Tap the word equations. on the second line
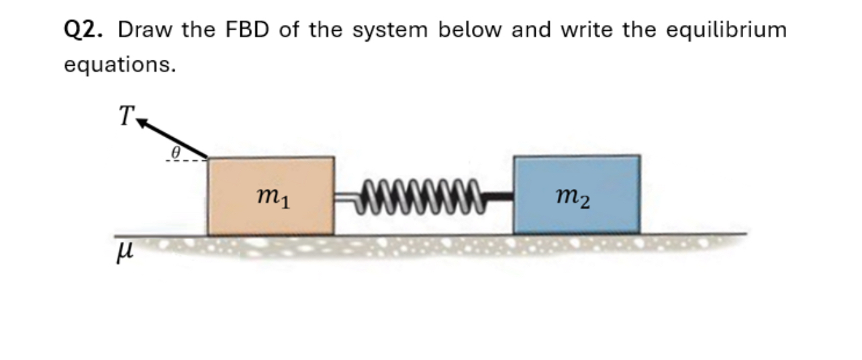tap(120, 65)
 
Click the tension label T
tap(125, 116)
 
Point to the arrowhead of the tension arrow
tap(142, 122)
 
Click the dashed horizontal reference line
tap(185, 161)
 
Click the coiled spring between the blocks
tap(421, 195)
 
